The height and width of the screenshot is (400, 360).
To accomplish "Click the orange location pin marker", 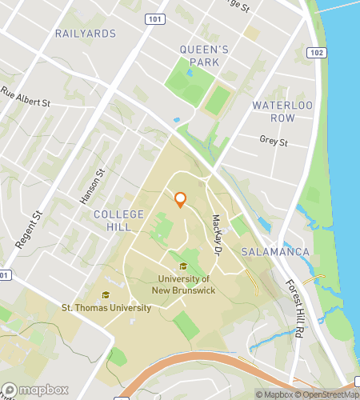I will point(180,200).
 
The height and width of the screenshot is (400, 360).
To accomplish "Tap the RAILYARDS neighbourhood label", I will point(86,34).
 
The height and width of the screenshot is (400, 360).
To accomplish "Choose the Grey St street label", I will point(273,142).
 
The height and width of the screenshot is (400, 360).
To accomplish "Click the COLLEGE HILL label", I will point(118,222).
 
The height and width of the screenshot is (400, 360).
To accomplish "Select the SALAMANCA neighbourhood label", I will point(275,252).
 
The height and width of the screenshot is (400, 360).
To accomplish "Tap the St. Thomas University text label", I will point(106,307).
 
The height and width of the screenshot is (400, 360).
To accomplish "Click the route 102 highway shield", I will point(317,53).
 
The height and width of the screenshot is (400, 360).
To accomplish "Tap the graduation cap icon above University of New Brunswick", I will point(184,266).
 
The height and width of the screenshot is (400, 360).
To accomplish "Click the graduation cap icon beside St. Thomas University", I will point(106,294).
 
